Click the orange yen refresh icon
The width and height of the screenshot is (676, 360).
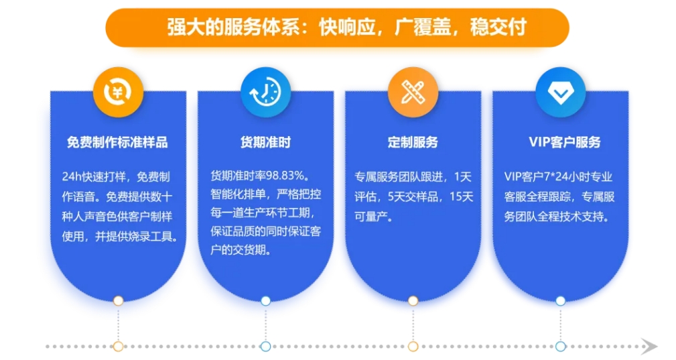coord(118,93)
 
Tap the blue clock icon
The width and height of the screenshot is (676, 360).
coord(265,93)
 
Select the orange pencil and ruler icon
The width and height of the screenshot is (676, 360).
coord(413,93)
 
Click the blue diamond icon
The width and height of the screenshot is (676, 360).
coord(561,93)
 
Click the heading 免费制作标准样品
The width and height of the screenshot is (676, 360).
coord(117,142)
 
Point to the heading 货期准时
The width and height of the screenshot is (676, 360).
coord(265,142)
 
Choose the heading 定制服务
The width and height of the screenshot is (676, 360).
coord(413,142)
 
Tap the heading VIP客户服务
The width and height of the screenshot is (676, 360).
coord(565,142)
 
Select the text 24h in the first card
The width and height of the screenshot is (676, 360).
coord(72,177)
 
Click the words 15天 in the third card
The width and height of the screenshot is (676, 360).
coord(462,197)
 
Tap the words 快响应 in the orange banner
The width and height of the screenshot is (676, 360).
coord(346,27)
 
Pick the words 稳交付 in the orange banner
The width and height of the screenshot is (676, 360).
coord(498,27)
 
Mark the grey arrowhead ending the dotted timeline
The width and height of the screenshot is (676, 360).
coord(650,346)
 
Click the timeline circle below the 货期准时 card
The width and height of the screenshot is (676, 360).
coord(265,346)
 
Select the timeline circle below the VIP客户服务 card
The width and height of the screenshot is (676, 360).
coord(561,346)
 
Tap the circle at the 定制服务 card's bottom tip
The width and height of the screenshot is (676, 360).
coord(413,300)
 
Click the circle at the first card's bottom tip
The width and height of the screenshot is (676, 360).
coord(118,300)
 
